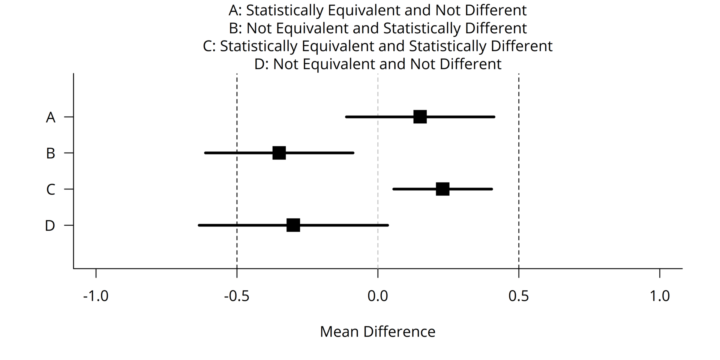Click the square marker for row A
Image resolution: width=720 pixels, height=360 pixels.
(x=420, y=117)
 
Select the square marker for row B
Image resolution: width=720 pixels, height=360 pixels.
(x=279, y=153)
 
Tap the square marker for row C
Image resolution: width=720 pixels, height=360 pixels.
(x=442, y=189)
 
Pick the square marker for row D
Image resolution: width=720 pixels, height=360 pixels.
(x=293, y=225)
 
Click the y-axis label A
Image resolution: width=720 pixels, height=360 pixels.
(x=51, y=118)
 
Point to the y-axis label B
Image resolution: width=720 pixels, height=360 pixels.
(x=51, y=154)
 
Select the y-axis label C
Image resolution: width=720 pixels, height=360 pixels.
(x=51, y=190)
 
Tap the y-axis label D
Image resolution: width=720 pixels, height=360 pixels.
(x=50, y=226)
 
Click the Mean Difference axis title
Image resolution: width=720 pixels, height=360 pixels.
(x=378, y=332)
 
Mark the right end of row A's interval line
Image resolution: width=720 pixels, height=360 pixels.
(x=494, y=117)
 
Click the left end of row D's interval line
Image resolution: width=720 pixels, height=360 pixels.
(x=199, y=225)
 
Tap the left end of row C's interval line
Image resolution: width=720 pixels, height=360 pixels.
(x=394, y=189)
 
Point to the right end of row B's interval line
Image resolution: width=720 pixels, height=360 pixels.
(x=353, y=153)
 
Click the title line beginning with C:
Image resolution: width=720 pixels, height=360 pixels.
(x=378, y=46)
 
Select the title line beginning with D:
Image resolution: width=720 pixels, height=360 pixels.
(x=378, y=64)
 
